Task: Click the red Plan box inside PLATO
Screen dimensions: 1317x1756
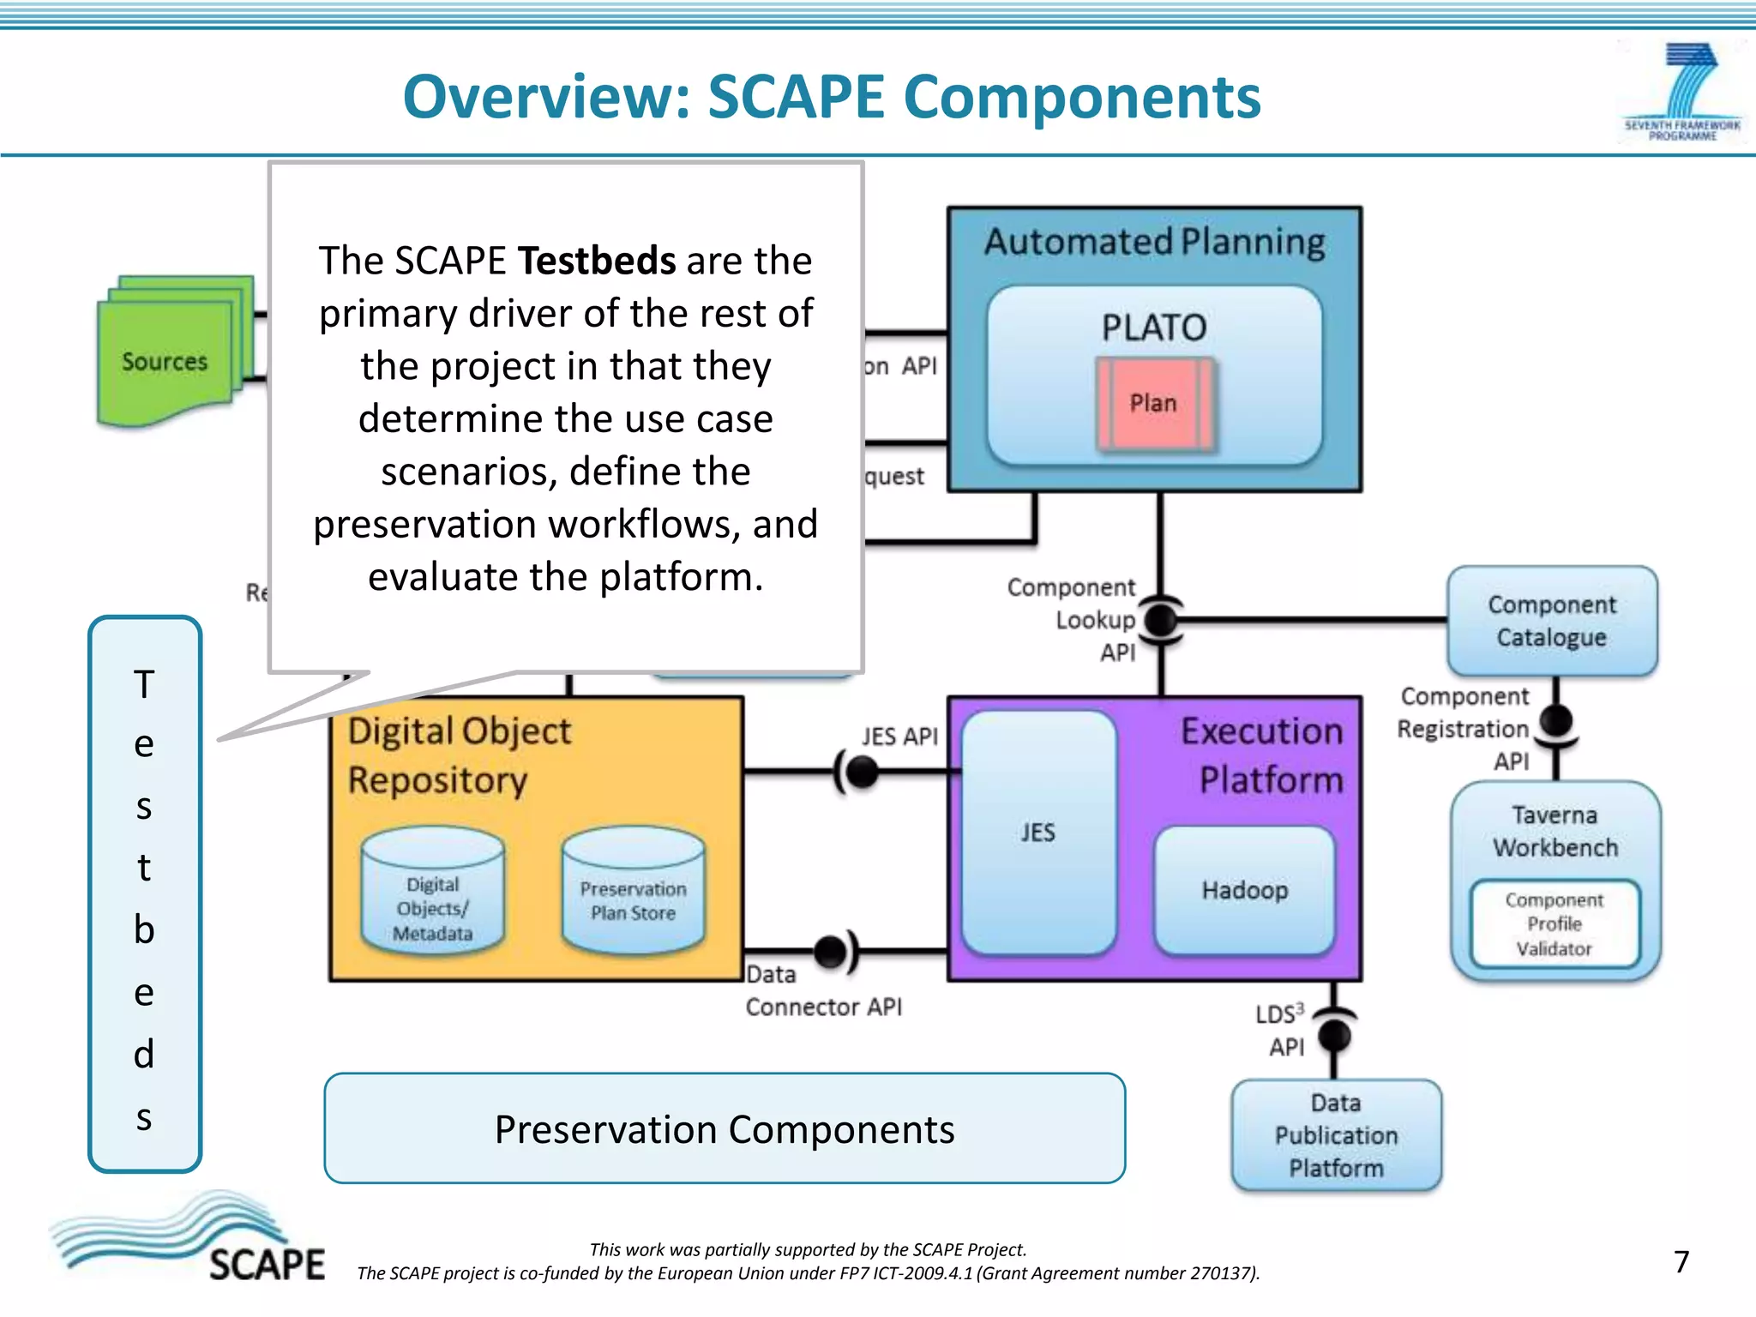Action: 1154,403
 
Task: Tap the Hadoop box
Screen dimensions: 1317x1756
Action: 1244,890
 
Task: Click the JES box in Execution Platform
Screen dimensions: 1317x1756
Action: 1037,832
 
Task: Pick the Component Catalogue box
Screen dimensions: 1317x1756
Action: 1552,621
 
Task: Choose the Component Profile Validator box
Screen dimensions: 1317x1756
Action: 1555,924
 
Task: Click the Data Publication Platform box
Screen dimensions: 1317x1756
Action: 1336,1135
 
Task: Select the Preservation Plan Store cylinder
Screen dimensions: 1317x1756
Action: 633,896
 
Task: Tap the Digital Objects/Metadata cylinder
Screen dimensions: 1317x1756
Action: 433,896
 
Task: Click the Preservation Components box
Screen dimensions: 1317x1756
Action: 725,1129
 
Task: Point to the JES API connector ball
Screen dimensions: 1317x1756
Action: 861,772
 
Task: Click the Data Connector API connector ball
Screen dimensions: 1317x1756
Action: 830,951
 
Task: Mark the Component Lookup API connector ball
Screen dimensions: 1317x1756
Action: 1161,619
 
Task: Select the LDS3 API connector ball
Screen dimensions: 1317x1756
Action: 1334,1036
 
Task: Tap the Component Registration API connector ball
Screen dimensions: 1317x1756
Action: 1556,720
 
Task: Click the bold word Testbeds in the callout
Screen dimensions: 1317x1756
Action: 597,261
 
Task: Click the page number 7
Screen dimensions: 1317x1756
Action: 1681,1261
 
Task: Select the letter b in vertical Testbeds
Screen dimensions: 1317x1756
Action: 144,929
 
